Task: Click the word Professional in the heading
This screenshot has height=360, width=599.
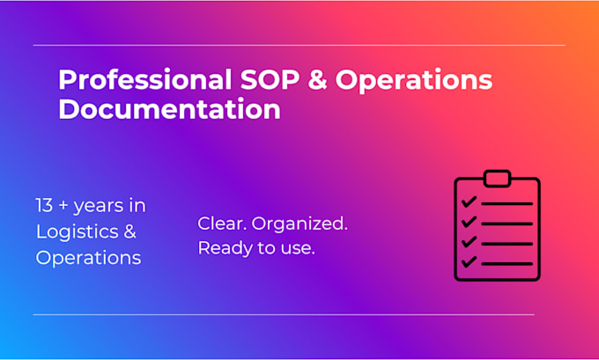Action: (x=144, y=79)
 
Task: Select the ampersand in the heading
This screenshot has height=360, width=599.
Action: (x=318, y=79)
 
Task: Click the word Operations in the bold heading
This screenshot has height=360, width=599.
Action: (x=414, y=80)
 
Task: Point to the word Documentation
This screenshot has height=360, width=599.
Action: (x=170, y=109)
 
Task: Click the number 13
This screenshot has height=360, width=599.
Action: (x=44, y=205)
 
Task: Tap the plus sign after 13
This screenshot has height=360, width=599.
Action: (x=63, y=206)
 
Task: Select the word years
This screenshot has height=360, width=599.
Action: (x=97, y=207)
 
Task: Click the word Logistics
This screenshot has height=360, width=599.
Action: (x=78, y=232)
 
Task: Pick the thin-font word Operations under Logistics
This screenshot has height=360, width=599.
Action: (x=89, y=258)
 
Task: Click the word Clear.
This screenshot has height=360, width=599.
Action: (x=222, y=224)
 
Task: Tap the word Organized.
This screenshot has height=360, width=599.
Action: (x=299, y=224)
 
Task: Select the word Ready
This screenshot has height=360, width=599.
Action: (x=226, y=249)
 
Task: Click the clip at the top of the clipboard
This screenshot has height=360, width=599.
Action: (x=497, y=179)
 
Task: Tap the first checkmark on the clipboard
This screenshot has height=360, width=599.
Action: (x=469, y=202)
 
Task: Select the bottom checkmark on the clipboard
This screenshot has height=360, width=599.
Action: (x=469, y=261)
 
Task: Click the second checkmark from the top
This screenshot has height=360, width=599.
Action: (x=469, y=222)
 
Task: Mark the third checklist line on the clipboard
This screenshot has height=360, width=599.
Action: (x=507, y=244)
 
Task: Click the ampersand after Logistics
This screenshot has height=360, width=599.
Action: (x=129, y=231)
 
